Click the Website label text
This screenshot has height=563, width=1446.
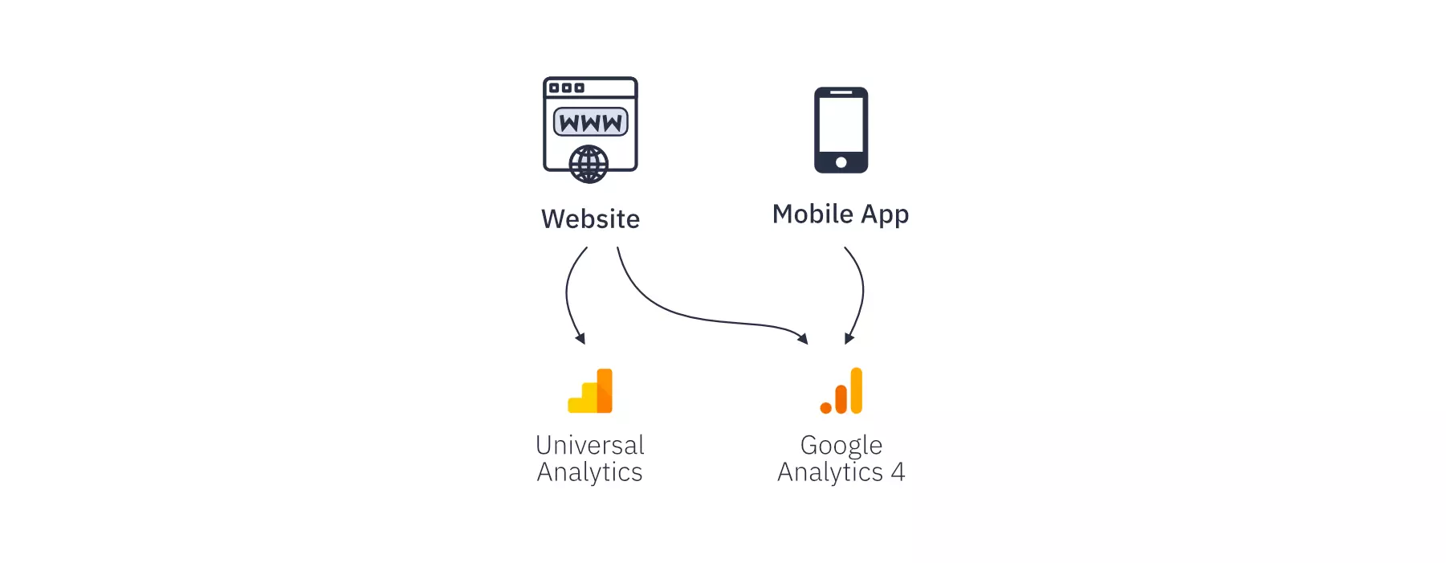coord(590,218)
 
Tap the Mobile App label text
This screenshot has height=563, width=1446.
coord(841,214)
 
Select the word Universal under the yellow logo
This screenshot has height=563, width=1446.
coord(590,445)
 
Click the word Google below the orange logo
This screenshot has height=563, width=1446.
coord(841,446)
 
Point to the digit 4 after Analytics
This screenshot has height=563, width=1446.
coord(898,471)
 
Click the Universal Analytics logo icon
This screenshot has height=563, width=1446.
coord(590,391)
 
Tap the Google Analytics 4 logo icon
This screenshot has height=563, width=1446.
coord(841,391)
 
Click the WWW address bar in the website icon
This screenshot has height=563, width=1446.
coord(591,122)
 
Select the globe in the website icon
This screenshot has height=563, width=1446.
coord(589,165)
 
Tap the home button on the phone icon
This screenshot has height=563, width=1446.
coord(841,162)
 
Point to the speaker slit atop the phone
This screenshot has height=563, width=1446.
coord(841,92)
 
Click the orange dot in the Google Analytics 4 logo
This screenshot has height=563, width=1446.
coord(825,408)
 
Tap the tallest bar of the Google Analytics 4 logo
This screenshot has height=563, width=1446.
coord(857,391)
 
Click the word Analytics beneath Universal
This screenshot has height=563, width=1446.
coord(590,472)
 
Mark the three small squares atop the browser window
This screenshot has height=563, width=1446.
coord(566,88)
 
